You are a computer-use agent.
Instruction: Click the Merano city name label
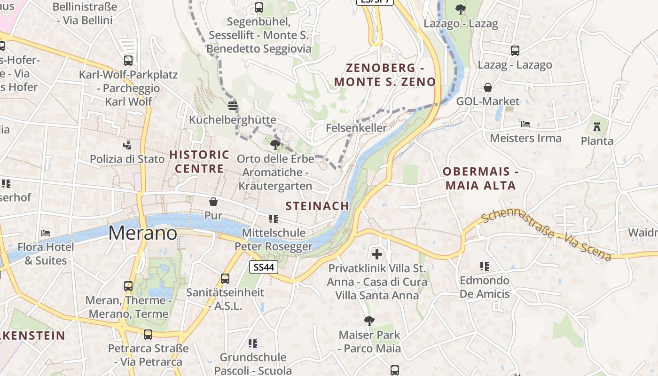click(x=143, y=234)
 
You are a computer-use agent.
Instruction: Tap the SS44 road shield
click(x=263, y=267)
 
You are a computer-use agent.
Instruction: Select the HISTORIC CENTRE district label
click(x=199, y=161)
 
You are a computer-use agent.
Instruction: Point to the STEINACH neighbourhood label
click(x=317, y=206)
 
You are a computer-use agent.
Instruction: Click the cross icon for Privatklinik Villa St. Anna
click(x=377, y=254)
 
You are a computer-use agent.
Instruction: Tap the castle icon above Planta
click(x=597, y=126)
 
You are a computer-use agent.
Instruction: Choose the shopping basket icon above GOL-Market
click(x=488, y=87)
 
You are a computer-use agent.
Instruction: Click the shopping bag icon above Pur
click(x=213, y=202)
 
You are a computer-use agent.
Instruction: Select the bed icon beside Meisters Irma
click(x=525, y=124)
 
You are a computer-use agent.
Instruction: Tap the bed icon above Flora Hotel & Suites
click(x=46, y=233)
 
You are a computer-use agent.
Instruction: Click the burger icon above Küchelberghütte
click(x=232, y=105)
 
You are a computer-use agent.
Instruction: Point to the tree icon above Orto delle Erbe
click(x=275, y=144)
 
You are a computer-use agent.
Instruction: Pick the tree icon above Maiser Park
click(x=369, y=321)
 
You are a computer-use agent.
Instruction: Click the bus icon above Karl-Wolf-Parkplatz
click(x=128, y=61)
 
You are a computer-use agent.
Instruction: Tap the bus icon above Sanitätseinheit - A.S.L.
click(x=225, y=278)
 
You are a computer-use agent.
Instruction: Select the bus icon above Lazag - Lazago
click(x=515, y=51)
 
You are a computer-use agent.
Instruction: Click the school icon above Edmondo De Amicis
click(x=485, y=266)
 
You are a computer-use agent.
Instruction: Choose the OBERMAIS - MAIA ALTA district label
click(x=480, y=178)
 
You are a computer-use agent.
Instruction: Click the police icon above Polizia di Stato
click(x=127, y=145)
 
